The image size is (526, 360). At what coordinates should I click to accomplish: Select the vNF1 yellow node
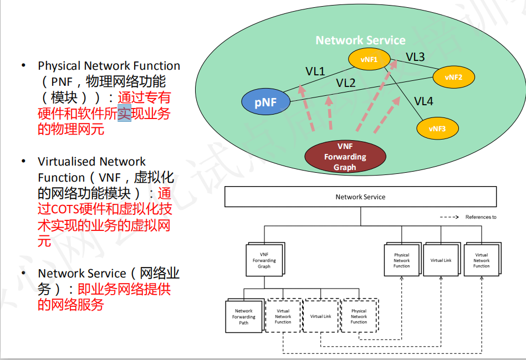[x=369, y=59]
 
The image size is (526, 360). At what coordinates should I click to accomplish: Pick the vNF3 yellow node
[x=438, y=128]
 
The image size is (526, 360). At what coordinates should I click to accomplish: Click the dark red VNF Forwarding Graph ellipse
[x=345, y=157]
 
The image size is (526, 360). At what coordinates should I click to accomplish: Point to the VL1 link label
[x=315, y=71]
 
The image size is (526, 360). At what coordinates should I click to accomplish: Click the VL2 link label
[x=345, y=83]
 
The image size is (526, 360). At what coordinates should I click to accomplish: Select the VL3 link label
[x=415, y=56]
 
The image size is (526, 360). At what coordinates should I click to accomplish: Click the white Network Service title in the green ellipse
[x=360, y=40]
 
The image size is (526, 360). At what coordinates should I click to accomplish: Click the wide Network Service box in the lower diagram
[x=360, y=197]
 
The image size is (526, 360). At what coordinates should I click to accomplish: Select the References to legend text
[x=481, y=217]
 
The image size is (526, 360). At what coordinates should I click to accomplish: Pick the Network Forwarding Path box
[x=243, y=317]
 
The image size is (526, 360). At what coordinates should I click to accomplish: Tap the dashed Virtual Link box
[x=320, y=316]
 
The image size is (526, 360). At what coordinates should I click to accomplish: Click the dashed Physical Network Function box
[x=359, y=316]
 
